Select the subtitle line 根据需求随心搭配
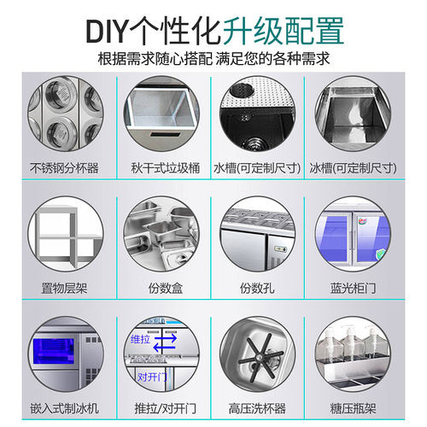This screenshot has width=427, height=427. point(153,60)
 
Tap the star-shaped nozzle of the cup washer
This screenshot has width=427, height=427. point(261,355)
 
